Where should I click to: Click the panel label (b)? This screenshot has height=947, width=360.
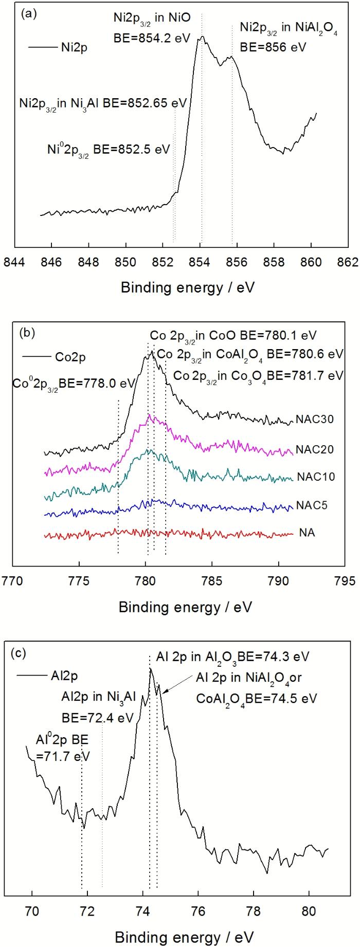[x=27, y=333]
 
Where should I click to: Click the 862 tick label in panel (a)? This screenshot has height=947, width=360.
[x=349, y=261]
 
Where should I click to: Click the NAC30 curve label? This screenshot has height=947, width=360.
[x=315, y=419]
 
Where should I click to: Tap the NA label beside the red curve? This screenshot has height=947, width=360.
[x=307, y=533]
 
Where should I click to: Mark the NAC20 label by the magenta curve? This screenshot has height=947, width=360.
[x=315, y=449]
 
